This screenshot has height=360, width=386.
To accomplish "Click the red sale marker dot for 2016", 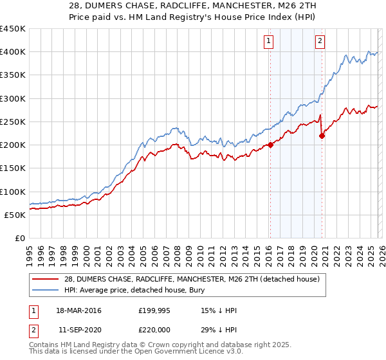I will tap(270, 145).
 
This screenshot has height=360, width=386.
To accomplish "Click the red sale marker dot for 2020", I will tap(322, 136).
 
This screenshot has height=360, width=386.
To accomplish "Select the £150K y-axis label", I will tap(13, 168).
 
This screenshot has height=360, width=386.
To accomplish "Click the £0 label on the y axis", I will tap(19, 239).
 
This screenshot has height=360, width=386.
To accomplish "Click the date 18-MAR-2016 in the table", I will tap(78, 311).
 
